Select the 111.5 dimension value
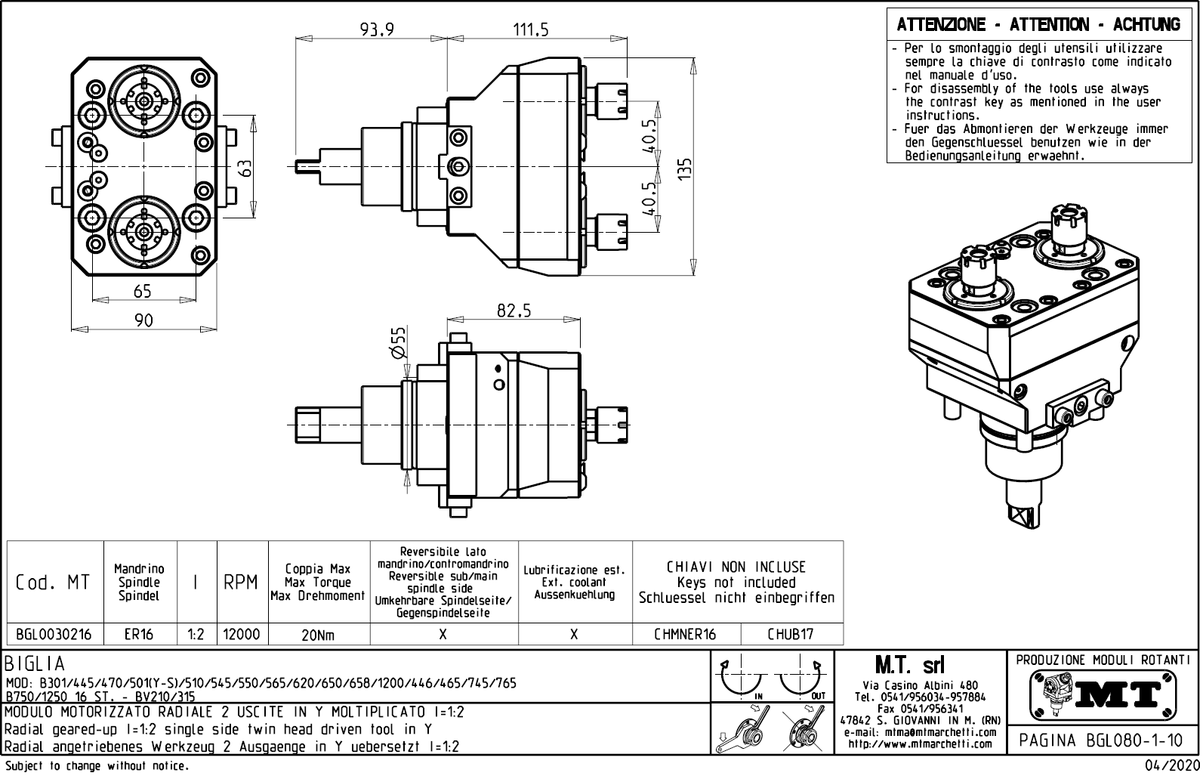point(531,29)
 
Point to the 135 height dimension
point(685,168)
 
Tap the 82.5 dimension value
point(514,311)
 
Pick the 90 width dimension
point(143,320)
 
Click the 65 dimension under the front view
point(143,291)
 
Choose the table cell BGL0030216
point(54,634)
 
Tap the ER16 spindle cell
point(139,634)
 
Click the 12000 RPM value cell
point(242,634)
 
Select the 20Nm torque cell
point(318,635)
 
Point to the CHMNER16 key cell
point(686,634)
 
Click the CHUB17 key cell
point(791,634)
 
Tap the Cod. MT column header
point(53,582)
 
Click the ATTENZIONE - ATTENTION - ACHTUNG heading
point(1038,25)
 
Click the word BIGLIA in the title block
point(35,664)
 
